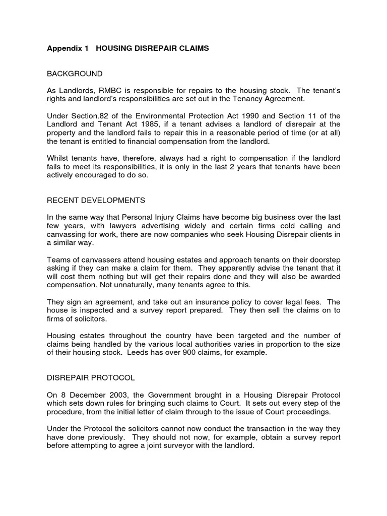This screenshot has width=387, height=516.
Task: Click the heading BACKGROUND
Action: tap(75, 74)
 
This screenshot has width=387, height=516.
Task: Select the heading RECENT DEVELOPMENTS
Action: tap(96, 200)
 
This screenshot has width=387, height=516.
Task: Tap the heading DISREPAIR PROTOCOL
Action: tap(91, 377)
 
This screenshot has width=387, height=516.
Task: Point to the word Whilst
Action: tap(58, 158)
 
